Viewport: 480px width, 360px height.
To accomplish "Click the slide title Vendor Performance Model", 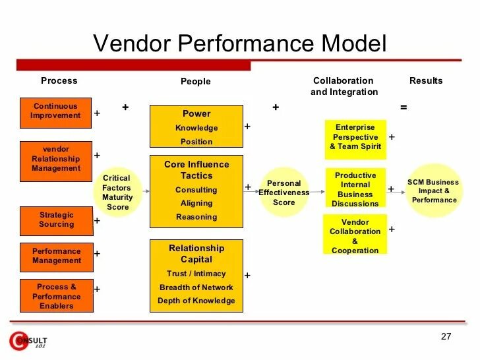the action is click(239, 44).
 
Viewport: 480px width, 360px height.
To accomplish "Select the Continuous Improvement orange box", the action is click(55, 111).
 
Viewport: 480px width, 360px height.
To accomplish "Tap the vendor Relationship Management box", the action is click(55, 158).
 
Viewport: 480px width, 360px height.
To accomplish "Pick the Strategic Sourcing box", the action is click(55, 220).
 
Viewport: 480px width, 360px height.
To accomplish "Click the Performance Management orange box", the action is click(55, 256).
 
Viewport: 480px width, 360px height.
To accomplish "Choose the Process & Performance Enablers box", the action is click(55, 296).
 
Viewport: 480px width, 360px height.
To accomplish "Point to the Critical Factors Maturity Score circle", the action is click(117, 193).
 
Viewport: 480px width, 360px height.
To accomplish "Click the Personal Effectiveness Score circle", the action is click(284, 193).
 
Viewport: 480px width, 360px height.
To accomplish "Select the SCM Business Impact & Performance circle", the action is click(433, 191).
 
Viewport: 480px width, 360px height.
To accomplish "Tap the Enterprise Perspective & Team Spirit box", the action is click(355, 137).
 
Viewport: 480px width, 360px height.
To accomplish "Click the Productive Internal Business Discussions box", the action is click(355, 189).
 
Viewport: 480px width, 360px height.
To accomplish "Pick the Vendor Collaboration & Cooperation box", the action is click(355, 236).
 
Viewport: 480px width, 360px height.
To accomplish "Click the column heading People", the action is click(196, 82).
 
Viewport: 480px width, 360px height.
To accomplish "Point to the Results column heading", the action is click(426, 81).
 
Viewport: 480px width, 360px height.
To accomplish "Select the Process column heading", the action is click(59, 81).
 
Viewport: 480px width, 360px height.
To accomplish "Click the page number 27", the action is click(446, 336).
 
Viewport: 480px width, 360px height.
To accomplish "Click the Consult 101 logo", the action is click(28, 341).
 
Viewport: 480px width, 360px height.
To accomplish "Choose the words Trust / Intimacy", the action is click(196, 274).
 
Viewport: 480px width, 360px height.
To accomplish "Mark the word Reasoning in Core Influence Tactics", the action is click(196, 217).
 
